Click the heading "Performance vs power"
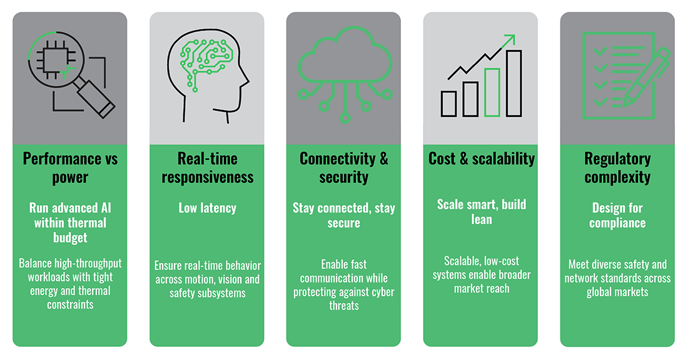[70, 167]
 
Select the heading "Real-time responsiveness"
[207, 167]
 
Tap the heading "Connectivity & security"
[344, 167]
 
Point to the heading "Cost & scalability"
[481, 159]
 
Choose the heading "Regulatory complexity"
[617, 167]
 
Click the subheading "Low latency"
[207, 207]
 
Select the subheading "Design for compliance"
[617, 215]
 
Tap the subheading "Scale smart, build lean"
[481, 212]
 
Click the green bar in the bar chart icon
[492, 92]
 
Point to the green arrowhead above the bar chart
[510, 40]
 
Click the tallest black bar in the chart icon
[513, 83]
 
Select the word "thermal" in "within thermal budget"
[85, 222]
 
